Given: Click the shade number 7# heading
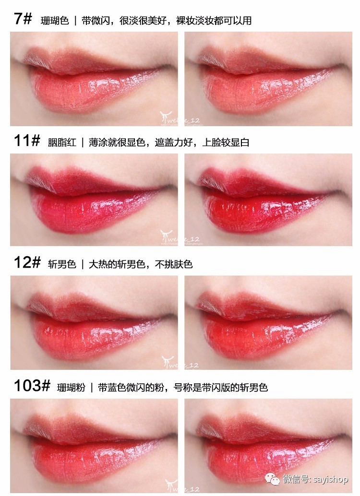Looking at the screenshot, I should click(x=23, y=20).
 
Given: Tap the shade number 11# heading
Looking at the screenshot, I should click(x=26, y=142).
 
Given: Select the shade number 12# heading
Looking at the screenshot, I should click(x=26, y=263).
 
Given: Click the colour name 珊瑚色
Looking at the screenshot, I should click(x=55, y=21).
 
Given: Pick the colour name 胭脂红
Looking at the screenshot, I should click(x=62, y=142).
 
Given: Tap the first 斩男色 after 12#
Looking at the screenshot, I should click(x=62, y=264).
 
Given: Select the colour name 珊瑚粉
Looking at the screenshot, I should click(x=71, y=387).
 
